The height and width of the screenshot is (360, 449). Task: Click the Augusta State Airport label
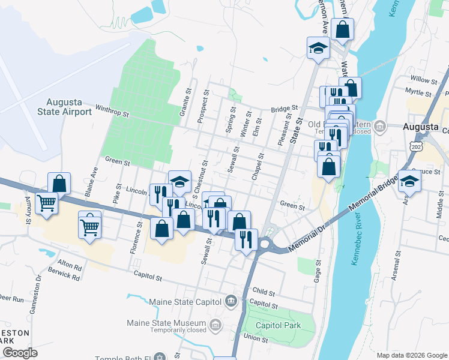pyautogui.click(x=64, y=106)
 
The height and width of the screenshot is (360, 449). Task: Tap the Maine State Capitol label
pyautogui.click(x=173, y=300)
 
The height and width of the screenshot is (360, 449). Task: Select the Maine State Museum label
pyautogui.click(x=167, y=323)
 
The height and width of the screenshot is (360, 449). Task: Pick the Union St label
pyautogui.click(x=256, y=339)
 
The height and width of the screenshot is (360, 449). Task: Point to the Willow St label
pyautogui.click(x=424, y=79)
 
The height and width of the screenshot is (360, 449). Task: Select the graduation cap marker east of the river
pyautogui.click(x=409, y=180)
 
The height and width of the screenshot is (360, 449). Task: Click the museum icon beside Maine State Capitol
pyautogui.click(x=231, y=300)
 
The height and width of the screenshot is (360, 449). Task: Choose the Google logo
pyautogui.click(x=20, y=353)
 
